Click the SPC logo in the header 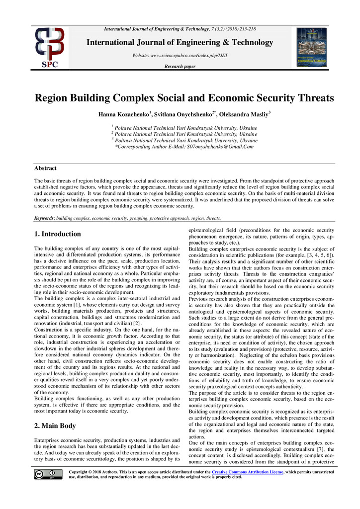tap(49, 47)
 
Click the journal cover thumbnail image tap(311, 47)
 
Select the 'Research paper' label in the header tap(180, 66)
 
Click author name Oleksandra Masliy tap(245, 115)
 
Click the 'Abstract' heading tap(45, 168)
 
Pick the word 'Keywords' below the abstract tap(44, 218)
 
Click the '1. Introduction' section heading tap(57, 234)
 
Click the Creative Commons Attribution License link tap(247, 471)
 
